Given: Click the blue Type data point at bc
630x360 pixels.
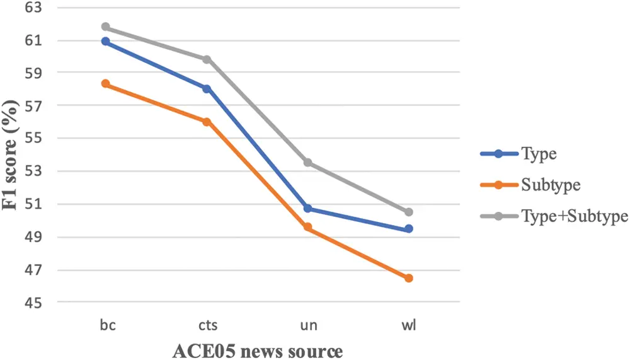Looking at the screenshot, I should (x=106, y=42).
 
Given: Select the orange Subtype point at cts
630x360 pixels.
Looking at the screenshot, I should (x=207, y=122).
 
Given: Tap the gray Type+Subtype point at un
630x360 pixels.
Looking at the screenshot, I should (x=308, y=163).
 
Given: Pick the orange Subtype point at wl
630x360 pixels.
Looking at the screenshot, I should (x=409, y=278).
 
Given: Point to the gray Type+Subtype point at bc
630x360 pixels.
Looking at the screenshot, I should (x=106, y=27).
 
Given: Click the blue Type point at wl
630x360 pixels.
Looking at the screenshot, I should (x=409, y=229).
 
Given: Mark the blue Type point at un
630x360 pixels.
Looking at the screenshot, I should (x=308, y=209).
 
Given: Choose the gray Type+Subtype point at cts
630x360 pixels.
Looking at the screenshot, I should (x=207, y=59).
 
